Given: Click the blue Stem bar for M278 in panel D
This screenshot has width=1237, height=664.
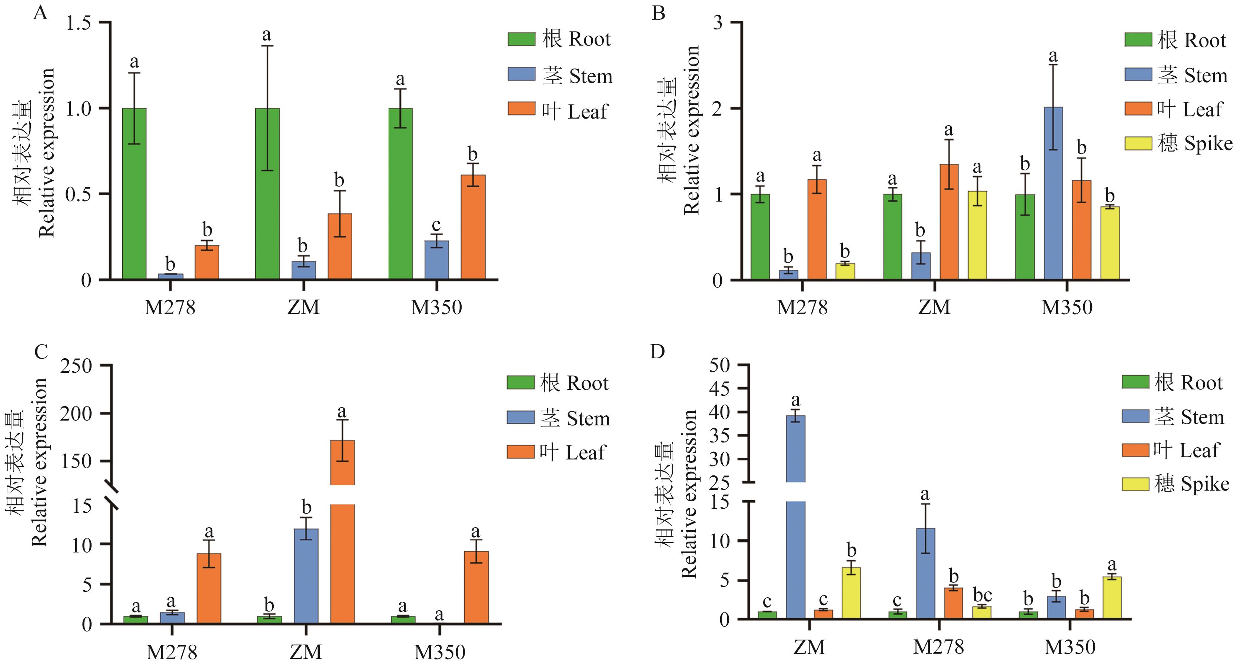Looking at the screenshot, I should [925, 574].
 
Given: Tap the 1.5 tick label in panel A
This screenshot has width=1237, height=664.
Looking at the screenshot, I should [79, 23].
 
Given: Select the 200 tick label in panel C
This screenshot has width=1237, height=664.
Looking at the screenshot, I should [76, 414].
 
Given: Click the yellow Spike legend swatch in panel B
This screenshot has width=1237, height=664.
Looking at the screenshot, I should [1138, 143].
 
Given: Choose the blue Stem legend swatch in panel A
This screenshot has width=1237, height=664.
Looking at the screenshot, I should [522, 74].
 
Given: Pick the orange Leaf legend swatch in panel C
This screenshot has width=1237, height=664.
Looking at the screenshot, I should [521, 452].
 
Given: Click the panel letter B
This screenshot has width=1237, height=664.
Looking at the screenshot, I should [658, 13].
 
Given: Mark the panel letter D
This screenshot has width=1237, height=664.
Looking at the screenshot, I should [657, 352].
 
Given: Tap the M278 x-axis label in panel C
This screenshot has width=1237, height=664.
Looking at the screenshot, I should [172, 651].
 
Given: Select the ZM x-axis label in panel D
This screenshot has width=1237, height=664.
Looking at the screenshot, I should [809, 647].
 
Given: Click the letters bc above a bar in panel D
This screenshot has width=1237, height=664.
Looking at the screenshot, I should [982, 595].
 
